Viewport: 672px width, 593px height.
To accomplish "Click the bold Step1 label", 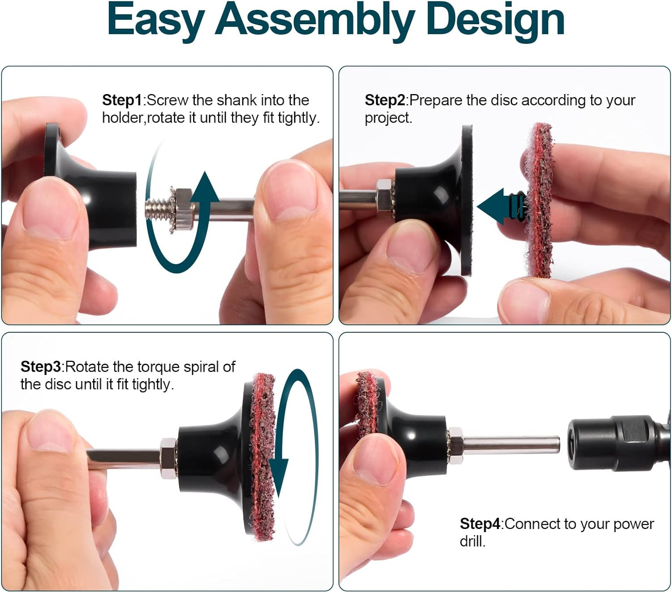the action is (122, 100).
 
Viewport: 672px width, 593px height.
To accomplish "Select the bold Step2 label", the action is (385, 100).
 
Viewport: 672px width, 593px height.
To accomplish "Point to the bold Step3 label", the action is (40, 367).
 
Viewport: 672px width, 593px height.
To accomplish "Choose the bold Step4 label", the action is (480, 524).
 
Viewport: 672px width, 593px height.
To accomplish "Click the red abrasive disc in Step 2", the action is (539, 200).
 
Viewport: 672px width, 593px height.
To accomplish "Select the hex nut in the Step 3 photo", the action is (168, 458).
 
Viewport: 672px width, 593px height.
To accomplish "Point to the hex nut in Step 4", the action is (455, 445).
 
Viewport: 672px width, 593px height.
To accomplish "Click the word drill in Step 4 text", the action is (472, 542).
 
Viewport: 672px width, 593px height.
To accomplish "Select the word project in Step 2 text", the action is (388, 118).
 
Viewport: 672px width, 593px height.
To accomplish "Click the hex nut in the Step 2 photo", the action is (384, 195).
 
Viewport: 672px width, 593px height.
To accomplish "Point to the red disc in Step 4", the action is (367, 402).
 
